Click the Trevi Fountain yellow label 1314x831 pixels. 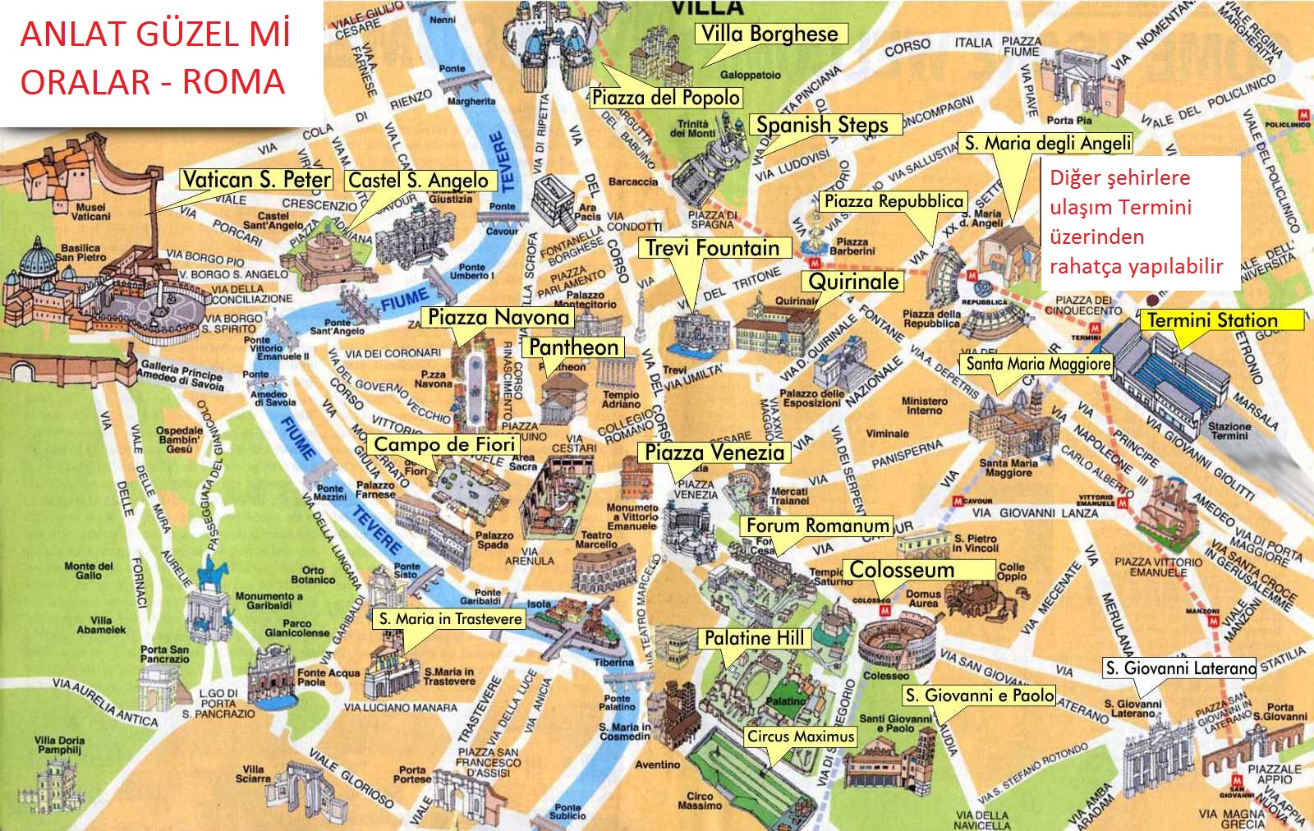coord(713,248)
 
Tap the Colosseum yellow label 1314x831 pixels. coord(902,570)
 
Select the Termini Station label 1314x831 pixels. coord(1213,320)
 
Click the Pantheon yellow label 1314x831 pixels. coord(573,347)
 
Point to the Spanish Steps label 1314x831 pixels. coord(822,125)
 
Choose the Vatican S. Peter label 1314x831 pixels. coord(256,180)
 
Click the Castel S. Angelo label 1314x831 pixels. coord(419,181)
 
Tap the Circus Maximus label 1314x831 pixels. coord(801,737)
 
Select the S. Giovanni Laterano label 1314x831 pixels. coord(1180,668)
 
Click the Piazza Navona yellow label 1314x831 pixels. coord(498,317)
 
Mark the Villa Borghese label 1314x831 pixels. coord(770,34)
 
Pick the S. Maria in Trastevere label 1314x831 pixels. coord(450,619)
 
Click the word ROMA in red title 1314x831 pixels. coord(233,82)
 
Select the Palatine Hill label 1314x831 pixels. coord(754,638)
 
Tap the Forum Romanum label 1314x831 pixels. coord(817,526)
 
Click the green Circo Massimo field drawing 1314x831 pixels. coord(743,776)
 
